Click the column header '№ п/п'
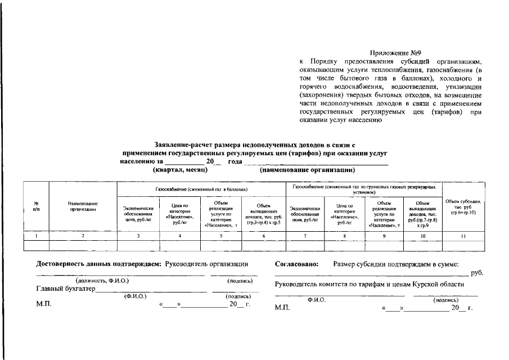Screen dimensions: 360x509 [36, 206]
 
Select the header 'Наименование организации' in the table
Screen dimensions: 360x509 [83, 206]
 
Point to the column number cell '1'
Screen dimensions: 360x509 [36, 236]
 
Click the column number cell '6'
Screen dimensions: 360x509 [263, 236]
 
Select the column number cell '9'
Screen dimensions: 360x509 [384, 236]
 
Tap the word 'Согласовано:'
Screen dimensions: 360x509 [297, 263]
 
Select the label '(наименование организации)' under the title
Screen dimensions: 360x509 [307, 169]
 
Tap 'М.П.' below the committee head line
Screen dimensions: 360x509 [282, 308]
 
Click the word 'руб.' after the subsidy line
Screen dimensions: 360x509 [476, 273]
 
